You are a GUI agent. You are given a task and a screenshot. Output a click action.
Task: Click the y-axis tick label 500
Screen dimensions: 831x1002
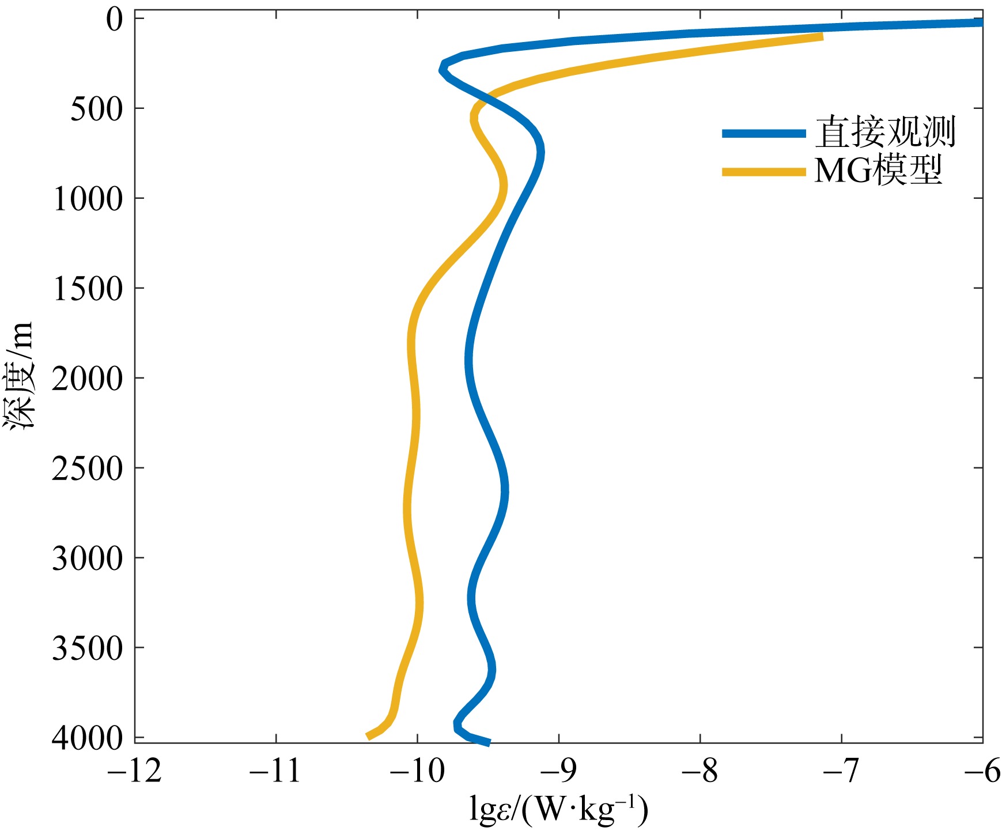[x=97, y=109]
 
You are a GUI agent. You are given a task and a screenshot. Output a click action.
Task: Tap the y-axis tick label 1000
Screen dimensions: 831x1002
[x=88, y=199]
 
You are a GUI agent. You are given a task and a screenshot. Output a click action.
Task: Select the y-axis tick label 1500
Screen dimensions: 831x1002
[x=88, y=289]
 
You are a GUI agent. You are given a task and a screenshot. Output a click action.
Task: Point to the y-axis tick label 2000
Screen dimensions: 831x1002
[x=88, y=379]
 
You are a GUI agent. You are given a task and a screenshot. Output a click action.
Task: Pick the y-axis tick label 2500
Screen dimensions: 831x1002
[x=88, y=469]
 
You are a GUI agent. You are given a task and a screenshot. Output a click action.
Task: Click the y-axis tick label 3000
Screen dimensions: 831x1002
[x=88, y=558]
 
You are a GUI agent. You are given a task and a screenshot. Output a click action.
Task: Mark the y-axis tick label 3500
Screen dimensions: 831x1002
[x=88, y=648]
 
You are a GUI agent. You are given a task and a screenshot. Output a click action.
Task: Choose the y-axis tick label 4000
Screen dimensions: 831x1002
[x=88, y=738]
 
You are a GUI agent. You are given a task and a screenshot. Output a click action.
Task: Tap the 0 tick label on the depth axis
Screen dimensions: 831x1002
[x=115, y=20]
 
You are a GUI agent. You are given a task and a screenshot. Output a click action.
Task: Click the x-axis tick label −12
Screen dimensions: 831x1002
[x=135, y=772]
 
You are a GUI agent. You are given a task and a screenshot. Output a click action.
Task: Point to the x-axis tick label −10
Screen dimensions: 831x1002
[x=417, y=772]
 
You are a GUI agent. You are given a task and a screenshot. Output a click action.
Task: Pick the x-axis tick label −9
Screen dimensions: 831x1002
[x=559, y=772]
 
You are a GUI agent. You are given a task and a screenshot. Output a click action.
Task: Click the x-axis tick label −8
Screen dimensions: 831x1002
[x=701, y=772]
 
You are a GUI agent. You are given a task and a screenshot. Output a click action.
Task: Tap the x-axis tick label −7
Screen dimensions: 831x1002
[x=842, y=772]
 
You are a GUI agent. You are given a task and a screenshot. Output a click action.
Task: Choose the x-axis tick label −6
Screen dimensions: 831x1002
[x=983, y=772]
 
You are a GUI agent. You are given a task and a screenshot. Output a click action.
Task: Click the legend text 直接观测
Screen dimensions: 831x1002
[x=885, y=133]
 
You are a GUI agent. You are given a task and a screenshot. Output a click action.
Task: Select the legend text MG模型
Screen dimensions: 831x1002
[x=878, y=171]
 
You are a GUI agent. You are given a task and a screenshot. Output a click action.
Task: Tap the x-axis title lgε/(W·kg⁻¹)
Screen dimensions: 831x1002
[x=559, y=810]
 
